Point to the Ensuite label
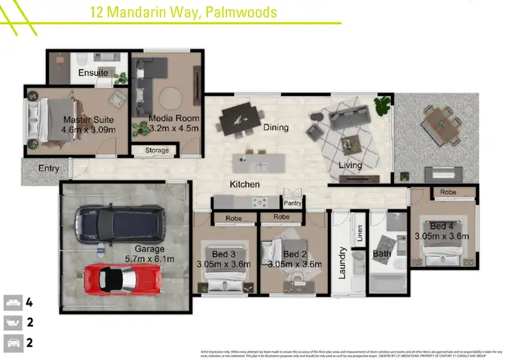(93, 72)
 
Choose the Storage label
(156, 151)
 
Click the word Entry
(48, 168)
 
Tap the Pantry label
(293, 203)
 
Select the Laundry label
(343, 263)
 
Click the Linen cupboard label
(360, 234)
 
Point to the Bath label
(382, 255)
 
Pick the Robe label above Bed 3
(234, 218)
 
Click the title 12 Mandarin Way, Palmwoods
(183, 12)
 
